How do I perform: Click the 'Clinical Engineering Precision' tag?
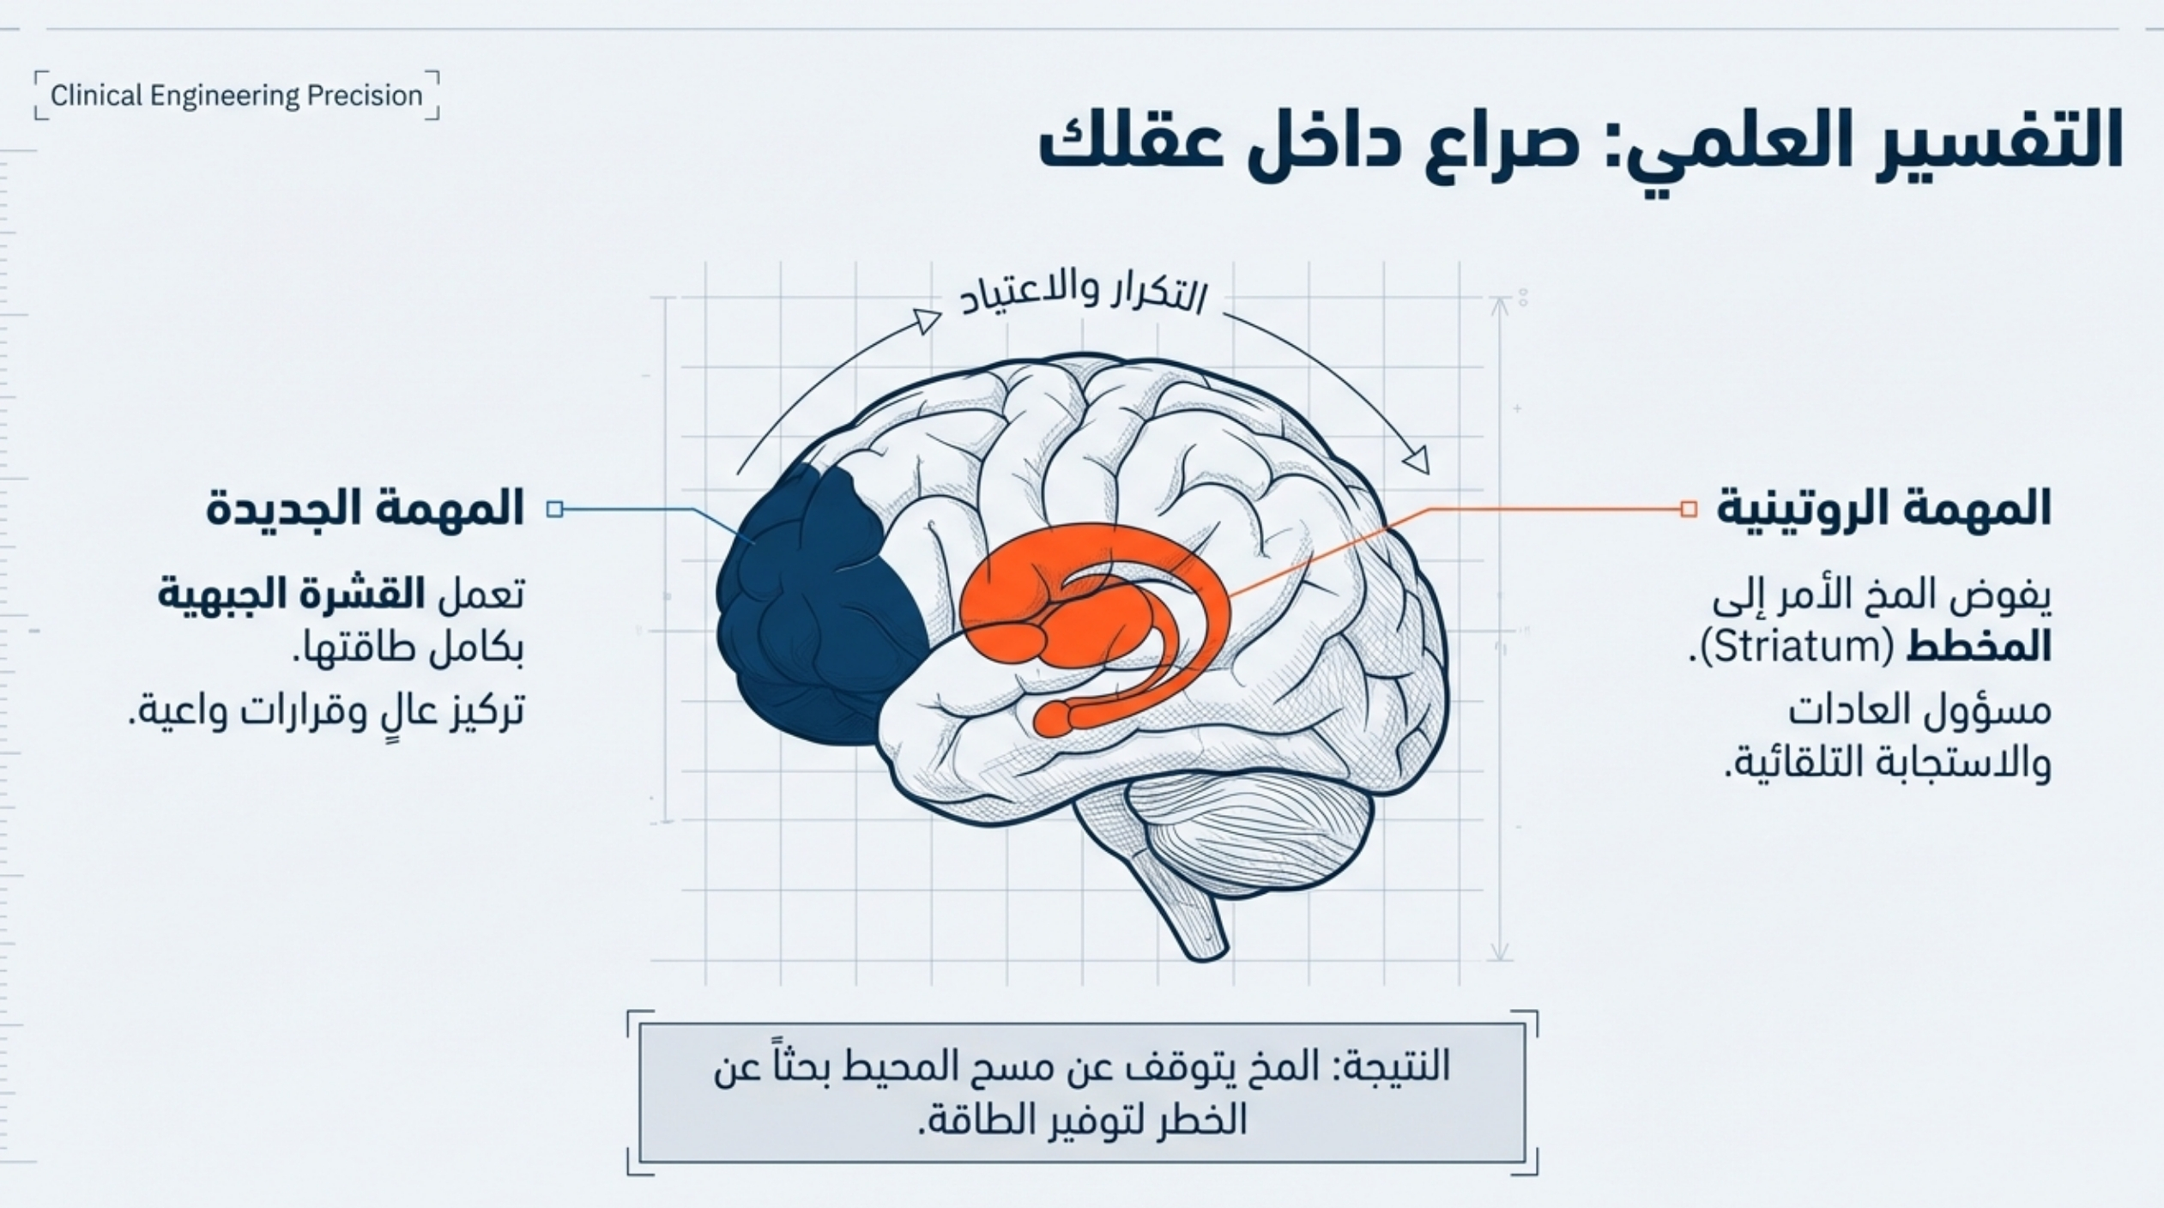click(237, 95)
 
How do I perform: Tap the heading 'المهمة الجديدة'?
click(365, 509)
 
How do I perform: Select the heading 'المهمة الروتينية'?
click(1884, 509)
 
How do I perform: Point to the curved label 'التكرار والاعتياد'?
click(1083, 297)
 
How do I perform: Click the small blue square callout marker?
click(555, 510)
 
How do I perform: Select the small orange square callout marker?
click(1689, 510)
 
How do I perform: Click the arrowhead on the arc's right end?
click(1417, 461)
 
